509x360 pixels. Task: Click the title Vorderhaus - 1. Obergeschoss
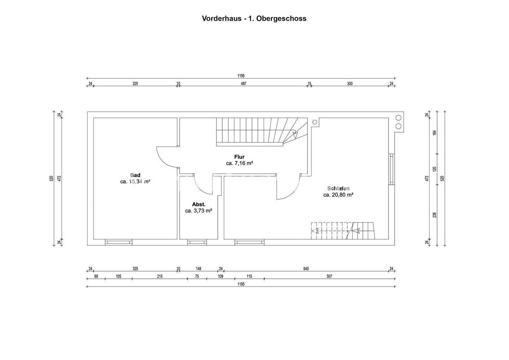pos(254,19)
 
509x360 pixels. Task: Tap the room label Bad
pos(135,175)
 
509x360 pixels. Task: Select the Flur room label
pos(239,157)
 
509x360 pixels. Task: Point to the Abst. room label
pos(199,204)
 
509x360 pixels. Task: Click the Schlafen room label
pos(338,188)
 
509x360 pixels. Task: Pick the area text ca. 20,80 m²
pos(338,195)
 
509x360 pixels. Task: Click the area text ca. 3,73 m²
pos(199,211)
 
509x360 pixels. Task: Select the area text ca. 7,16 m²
pos(239,163)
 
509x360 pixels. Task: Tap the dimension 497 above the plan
pos(244,84)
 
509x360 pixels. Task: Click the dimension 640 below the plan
pos(306,269)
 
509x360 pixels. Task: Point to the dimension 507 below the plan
pos(329,277)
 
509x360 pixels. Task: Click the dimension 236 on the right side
pos(435,215)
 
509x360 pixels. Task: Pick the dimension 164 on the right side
pos(435,132)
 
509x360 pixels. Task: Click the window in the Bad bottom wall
pos(119,242)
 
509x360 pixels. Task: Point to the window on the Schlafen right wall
pos(391,169)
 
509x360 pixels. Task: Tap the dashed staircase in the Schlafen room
pos(342,231)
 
